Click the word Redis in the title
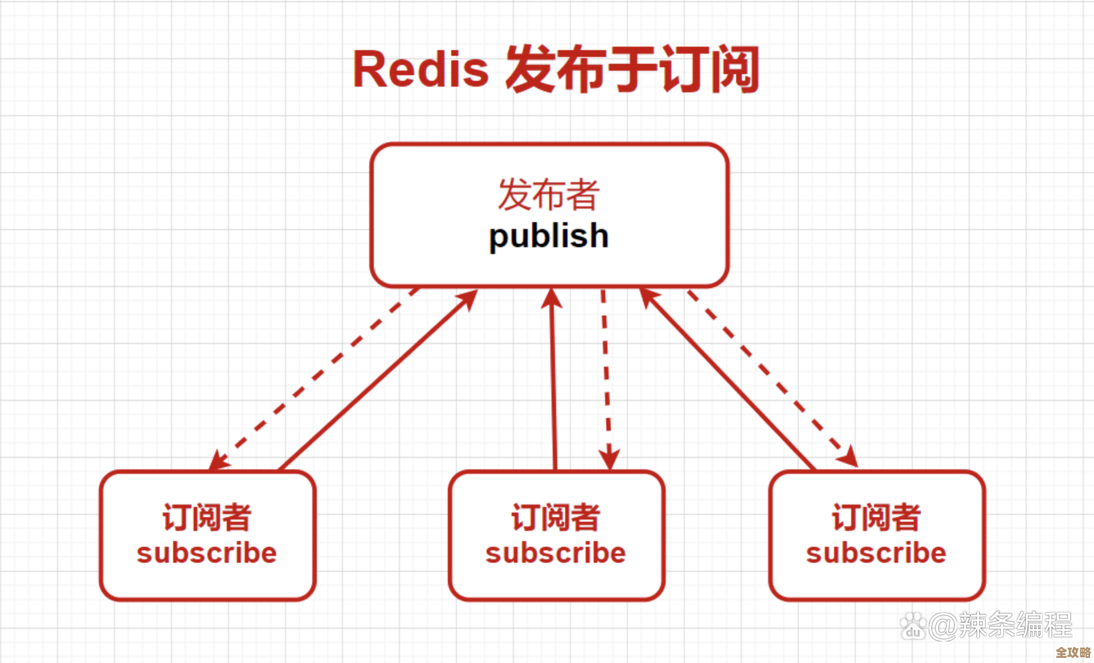tap(421, 69)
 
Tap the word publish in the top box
tap(549, 236)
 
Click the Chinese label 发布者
tap(549, 195)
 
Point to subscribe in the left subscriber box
tap(207, 553)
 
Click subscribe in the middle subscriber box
tap(556, 553)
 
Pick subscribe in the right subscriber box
tap(876, 553)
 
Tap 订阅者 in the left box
tap(207, 517)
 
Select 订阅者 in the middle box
tap(556, 517)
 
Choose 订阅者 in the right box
tap(876, 517)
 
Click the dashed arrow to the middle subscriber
tap(606, 376)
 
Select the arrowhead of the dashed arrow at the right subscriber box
tap(848, 457)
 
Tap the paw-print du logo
tap(913, 626)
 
